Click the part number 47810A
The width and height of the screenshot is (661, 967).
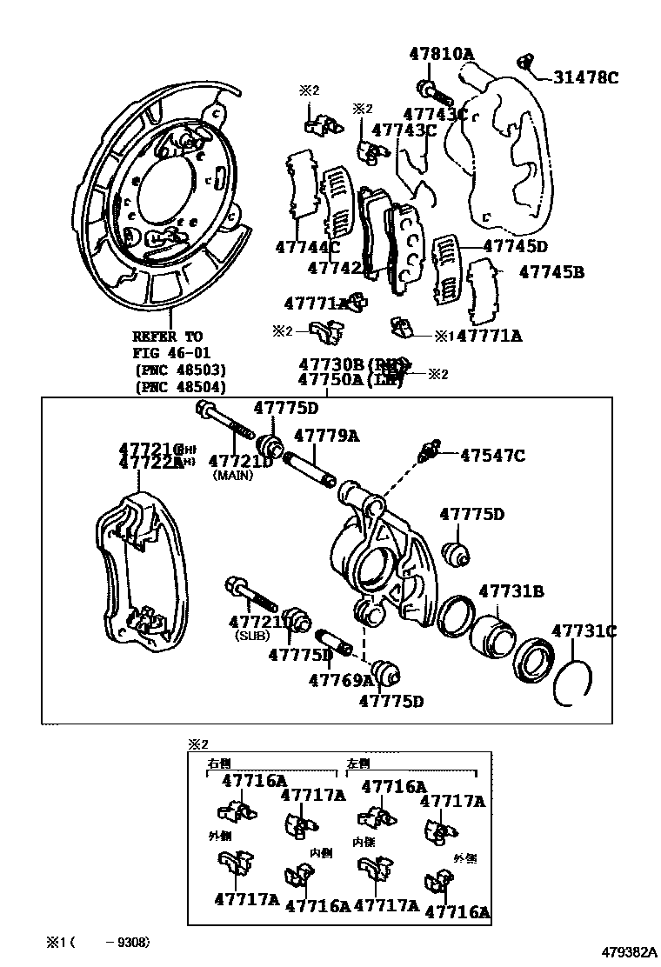[442, 54]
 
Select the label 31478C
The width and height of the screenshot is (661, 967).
[585, 78]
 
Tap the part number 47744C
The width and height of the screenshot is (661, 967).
[309, 246]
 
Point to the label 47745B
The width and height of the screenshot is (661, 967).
[551, 272]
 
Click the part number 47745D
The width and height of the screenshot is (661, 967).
[515, 246]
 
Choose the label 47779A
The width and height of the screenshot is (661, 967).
[326, 435]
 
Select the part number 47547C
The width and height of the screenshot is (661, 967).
[491, 454]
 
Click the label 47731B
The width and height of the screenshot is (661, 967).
[511, 591]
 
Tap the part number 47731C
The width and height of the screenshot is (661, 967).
[584, 631]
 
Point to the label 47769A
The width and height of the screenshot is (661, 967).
[340, 680]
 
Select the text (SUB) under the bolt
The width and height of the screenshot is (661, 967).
[252, 636]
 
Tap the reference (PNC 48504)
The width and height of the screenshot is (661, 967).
[180, 387]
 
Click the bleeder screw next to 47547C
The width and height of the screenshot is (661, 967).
[429, 452]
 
